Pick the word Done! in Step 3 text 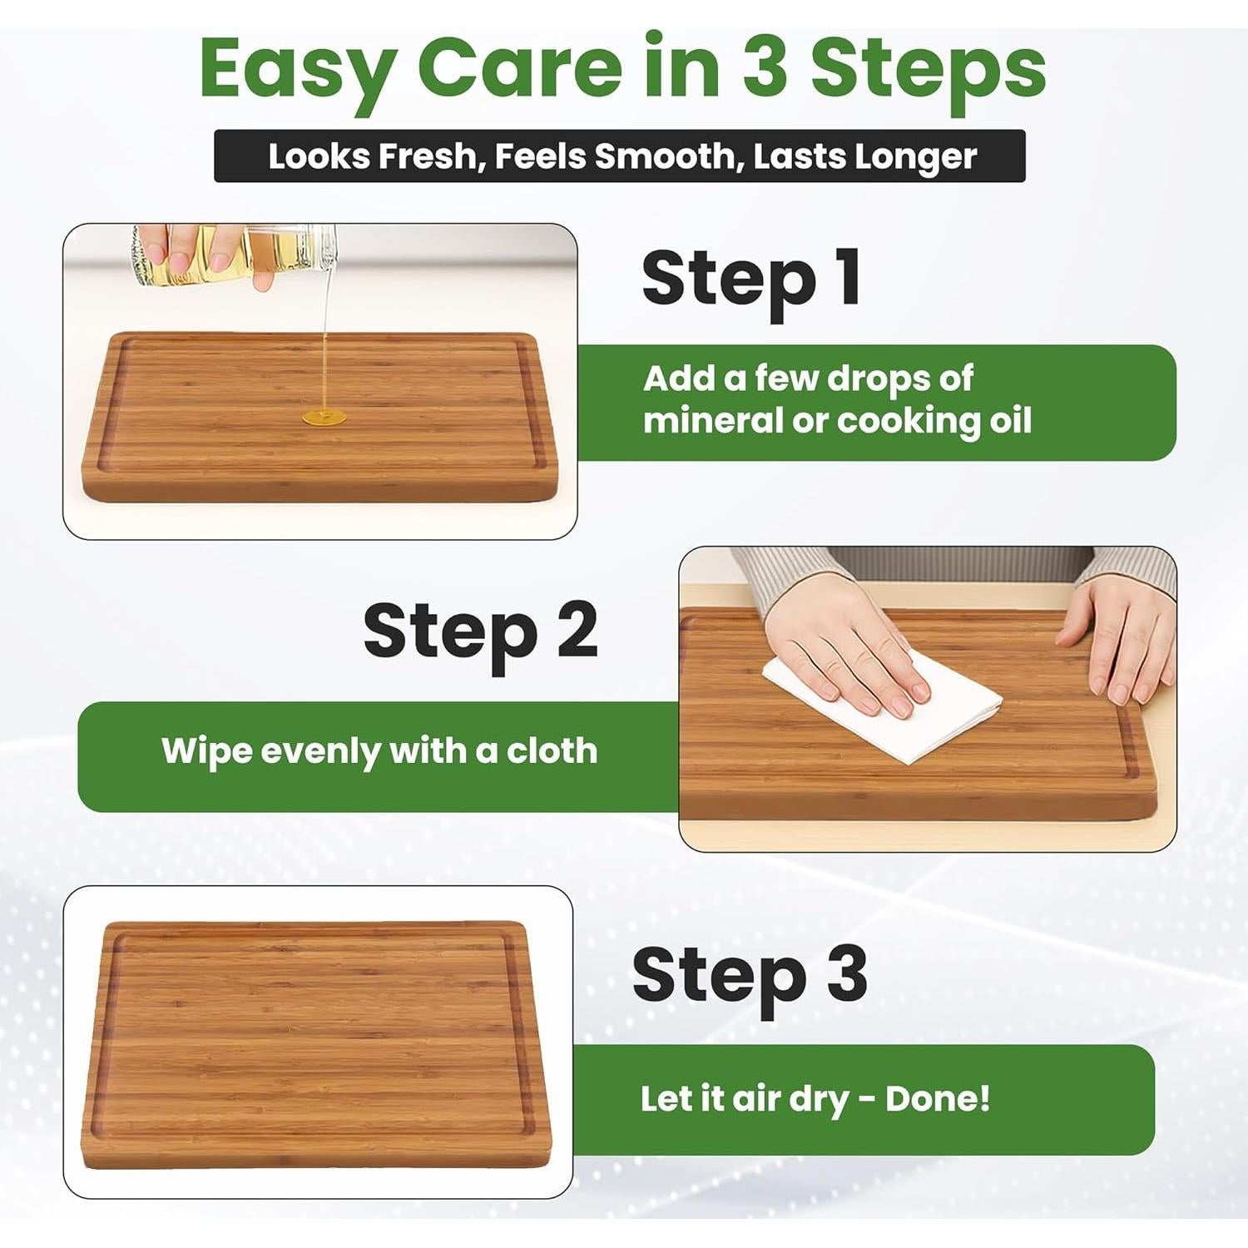point(938,1098)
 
